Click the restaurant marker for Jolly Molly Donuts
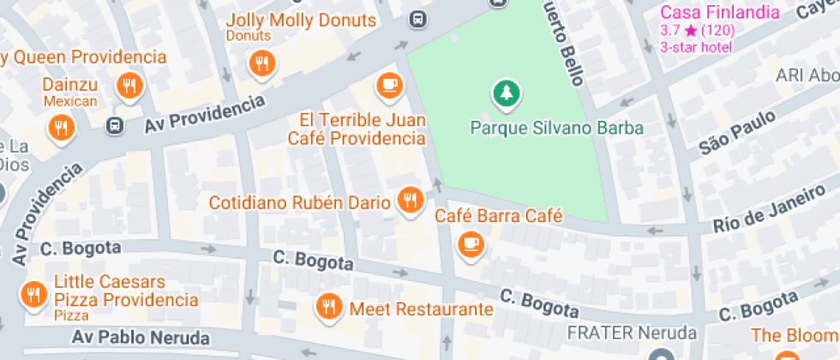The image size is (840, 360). [x=261, y=63]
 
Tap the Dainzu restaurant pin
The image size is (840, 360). [x=130, y=86]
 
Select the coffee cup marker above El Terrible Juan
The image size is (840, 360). [x=390, y=85]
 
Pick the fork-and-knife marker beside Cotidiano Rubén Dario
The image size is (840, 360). [x=411, y=201]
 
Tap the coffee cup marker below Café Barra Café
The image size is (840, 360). [x=471, y=244]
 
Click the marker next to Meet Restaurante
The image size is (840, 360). [x=327, y=306]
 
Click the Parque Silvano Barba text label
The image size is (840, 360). [x=556, y=129]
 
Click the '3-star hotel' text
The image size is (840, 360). [x=696, y=47]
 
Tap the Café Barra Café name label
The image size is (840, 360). [x=498, y=216]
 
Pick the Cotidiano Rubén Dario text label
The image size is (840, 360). [x=300, y=203]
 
